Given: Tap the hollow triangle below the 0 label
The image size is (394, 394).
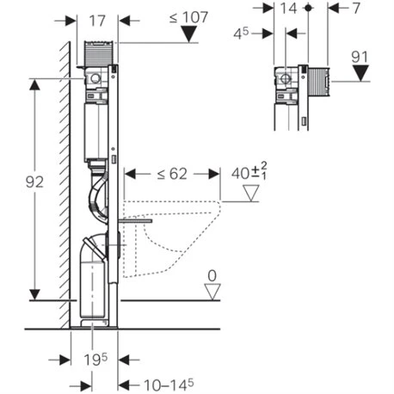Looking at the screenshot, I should point(211,292).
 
